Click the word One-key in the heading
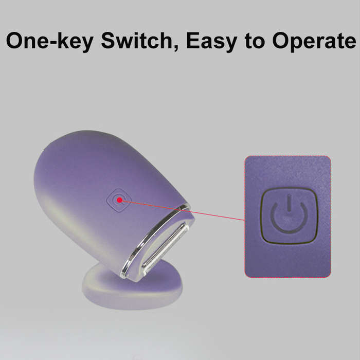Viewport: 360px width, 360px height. [x=49, y=41]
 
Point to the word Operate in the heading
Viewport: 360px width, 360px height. [x=314, y=41]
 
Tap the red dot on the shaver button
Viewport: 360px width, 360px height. [x=119, y=200]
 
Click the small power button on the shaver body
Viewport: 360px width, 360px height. [x=119, y=200]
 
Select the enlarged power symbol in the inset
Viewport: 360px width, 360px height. [x=289, y=214]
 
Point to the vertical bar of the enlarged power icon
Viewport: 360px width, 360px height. [x=289, y=203]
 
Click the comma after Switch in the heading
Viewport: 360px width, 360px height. [x=176, y=48]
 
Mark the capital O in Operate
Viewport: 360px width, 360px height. [x=282, y=41]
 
